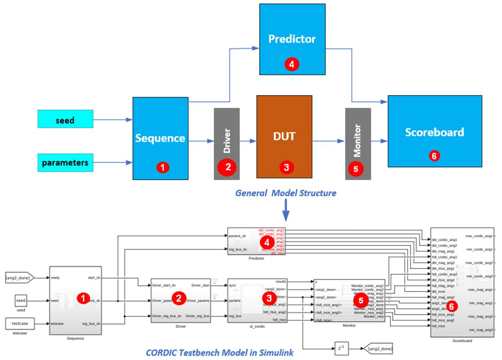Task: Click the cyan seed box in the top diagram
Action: (x=65, y=120)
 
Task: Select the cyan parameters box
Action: (x=65, y=162)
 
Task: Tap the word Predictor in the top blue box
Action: (x=292, y=39)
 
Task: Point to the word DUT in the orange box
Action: (x=284, y=136)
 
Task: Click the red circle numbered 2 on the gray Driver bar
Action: (x=228, y=167)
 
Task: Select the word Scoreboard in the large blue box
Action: (x=434, y=132)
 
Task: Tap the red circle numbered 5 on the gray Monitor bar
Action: (x=356, y=169)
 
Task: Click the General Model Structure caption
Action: (x=285, y=193)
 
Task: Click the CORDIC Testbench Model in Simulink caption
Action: (x=220, y=353)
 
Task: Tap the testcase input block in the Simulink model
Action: (x=20, y=324)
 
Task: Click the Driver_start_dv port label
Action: (x=164, y=285)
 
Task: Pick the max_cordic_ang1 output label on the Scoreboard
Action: (x=479, y=236)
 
